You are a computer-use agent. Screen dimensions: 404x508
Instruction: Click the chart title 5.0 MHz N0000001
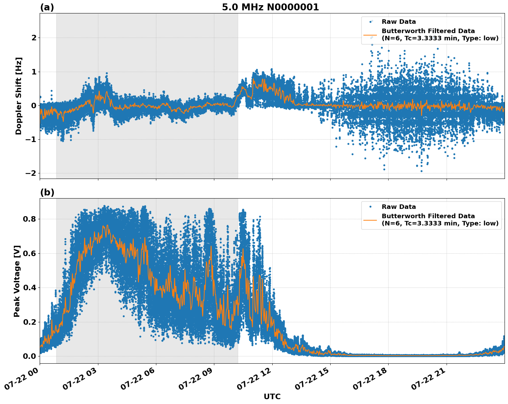coord(270,7)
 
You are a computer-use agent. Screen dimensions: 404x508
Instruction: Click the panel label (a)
coord(47,7)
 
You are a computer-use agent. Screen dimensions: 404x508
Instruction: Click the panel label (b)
coord(47,192)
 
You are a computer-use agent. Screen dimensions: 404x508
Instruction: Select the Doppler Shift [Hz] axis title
coord(19,96)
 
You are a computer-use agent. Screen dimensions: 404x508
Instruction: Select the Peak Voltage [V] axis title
coord(17,281)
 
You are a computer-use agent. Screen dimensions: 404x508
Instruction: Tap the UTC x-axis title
coord(272,396)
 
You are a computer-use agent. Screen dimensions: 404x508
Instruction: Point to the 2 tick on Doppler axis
coord(34,38)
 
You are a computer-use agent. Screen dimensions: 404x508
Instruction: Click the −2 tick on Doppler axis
coord(31,173)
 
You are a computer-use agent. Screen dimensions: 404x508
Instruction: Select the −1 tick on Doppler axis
coord(31,139)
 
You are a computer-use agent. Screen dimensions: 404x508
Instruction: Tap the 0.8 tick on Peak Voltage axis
coord(30,219)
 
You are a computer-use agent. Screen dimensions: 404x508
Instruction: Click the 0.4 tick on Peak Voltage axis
coord(30,287)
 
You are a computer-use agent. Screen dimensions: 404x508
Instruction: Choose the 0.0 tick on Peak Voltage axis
coord(30,356)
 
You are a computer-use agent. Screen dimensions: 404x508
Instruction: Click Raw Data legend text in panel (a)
coord(399,22)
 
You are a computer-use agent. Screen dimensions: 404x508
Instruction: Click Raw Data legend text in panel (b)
coord(399,207)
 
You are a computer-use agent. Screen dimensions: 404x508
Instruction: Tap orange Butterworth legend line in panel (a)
coord(370,35)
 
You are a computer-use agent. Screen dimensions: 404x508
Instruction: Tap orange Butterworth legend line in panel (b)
coord(370,220)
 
